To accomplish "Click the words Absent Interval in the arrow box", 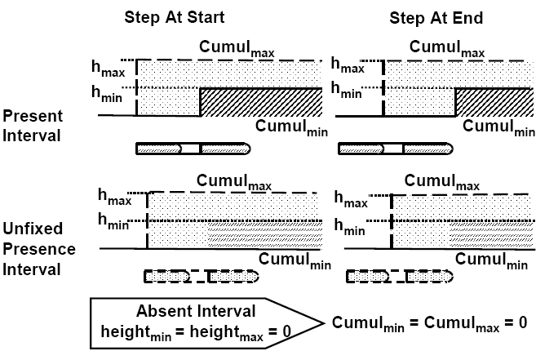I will tap(197, 310).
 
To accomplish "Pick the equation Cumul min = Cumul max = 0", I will tap(429, 322).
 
